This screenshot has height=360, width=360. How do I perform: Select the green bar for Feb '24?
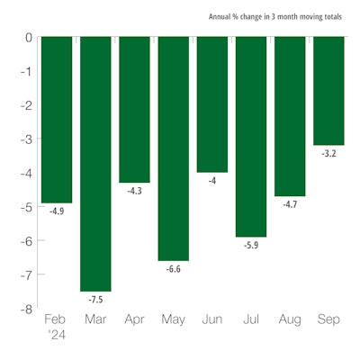(57, 119)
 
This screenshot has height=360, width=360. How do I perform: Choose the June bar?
(211, 103)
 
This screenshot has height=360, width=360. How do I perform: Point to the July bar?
(250, 136)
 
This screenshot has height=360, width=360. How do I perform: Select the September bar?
(328, 90)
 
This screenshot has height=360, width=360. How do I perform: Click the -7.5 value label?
(95, 299)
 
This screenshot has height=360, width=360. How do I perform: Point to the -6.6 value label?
(173, 268)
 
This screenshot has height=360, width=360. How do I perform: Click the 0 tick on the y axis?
(28, 37)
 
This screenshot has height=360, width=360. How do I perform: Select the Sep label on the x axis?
(328, 320)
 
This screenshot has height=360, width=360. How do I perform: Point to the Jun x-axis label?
(211, 320)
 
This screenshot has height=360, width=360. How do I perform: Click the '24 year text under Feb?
(58, 334)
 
